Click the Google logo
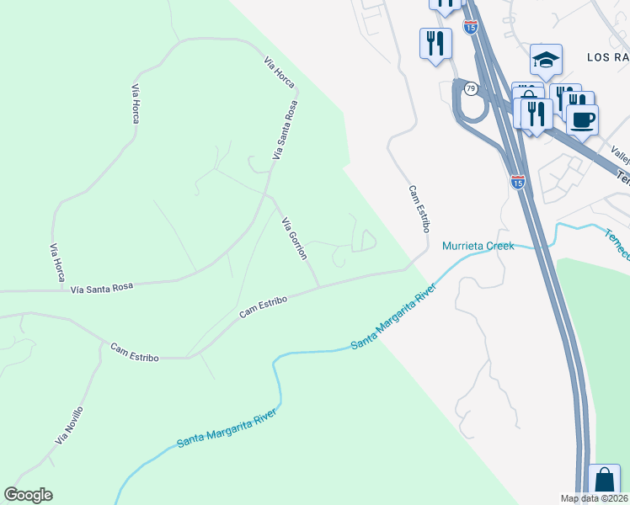[x=29, y=495]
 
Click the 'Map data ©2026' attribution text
[x=593, y=498]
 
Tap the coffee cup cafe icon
[x=581, y=118]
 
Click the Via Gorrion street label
[x=295, y=238]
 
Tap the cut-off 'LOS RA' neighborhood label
[x=608, y=56]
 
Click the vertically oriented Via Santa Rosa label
[x=286, y=130]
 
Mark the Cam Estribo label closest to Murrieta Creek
[x=419, y=210]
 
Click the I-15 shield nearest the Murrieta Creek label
[x=517, y=181]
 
